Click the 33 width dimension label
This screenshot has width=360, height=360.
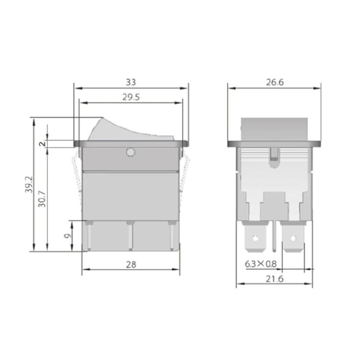(x=131, y=82)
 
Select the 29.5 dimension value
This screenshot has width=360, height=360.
(x=131, y=97)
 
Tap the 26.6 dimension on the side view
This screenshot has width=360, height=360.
(x=275, y=82)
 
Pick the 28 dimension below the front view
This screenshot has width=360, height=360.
(x=131, y=264)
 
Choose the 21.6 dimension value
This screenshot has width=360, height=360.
(x=275, y=278)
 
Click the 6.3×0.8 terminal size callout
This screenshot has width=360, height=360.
(x=261, y=264)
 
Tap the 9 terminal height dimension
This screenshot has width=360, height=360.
(x=68, y=236)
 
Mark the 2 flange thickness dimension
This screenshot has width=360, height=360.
(x=42, y=144)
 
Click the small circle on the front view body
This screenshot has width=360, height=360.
(x=129, y=153)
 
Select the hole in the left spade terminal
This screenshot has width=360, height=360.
(x=255, y=238)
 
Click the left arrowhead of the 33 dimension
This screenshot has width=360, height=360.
(x=77, y=88)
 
